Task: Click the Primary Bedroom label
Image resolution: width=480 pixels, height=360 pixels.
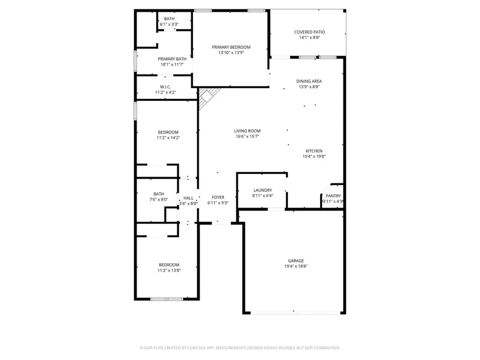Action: [x=230, y=47]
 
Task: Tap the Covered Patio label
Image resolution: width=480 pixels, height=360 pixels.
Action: [x=309, y=32]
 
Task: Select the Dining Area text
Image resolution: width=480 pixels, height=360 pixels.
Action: [x=309, y=81]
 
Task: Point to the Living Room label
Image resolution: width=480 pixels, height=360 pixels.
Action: [x=247, y=131]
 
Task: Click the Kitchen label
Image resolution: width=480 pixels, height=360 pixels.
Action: [x=314, y=151]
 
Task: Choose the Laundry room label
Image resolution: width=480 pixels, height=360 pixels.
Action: [x=262, y=190]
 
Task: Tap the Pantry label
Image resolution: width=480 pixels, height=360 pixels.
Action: [x=333, y=196]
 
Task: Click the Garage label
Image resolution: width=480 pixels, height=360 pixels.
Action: [x=295, y=261]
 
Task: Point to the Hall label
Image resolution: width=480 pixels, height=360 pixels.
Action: [x=188, y=197]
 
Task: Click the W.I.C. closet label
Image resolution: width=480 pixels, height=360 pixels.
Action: [x=165, y=87]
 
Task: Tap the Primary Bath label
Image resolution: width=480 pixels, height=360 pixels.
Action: [x=172, y=59]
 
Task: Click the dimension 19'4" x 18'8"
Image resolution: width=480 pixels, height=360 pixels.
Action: [x=295, y=267]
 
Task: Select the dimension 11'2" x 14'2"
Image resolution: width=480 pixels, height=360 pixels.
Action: [x=168, y=138]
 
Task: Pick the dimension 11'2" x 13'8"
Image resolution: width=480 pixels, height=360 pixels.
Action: [x=169, y=270]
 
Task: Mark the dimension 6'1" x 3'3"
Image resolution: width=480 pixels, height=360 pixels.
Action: [x=169, y=24]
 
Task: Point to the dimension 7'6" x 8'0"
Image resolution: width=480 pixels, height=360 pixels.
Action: [x=158, y=199]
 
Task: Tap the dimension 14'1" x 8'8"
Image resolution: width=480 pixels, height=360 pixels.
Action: [x=309, y=37]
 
